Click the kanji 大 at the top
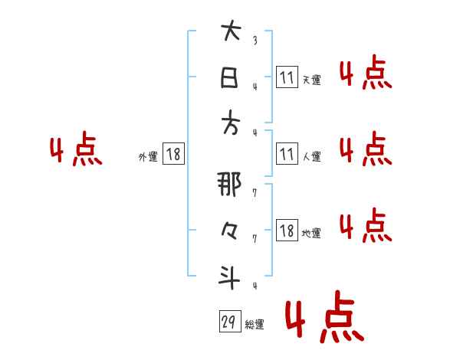click(230, 34)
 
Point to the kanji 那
click(230, 185)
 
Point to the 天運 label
click(311, 80)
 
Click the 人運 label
click(311, 157)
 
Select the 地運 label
click(311, 233)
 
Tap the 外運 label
click(148, 157)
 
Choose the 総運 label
click(255, 325)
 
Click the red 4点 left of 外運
click(76, 151)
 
